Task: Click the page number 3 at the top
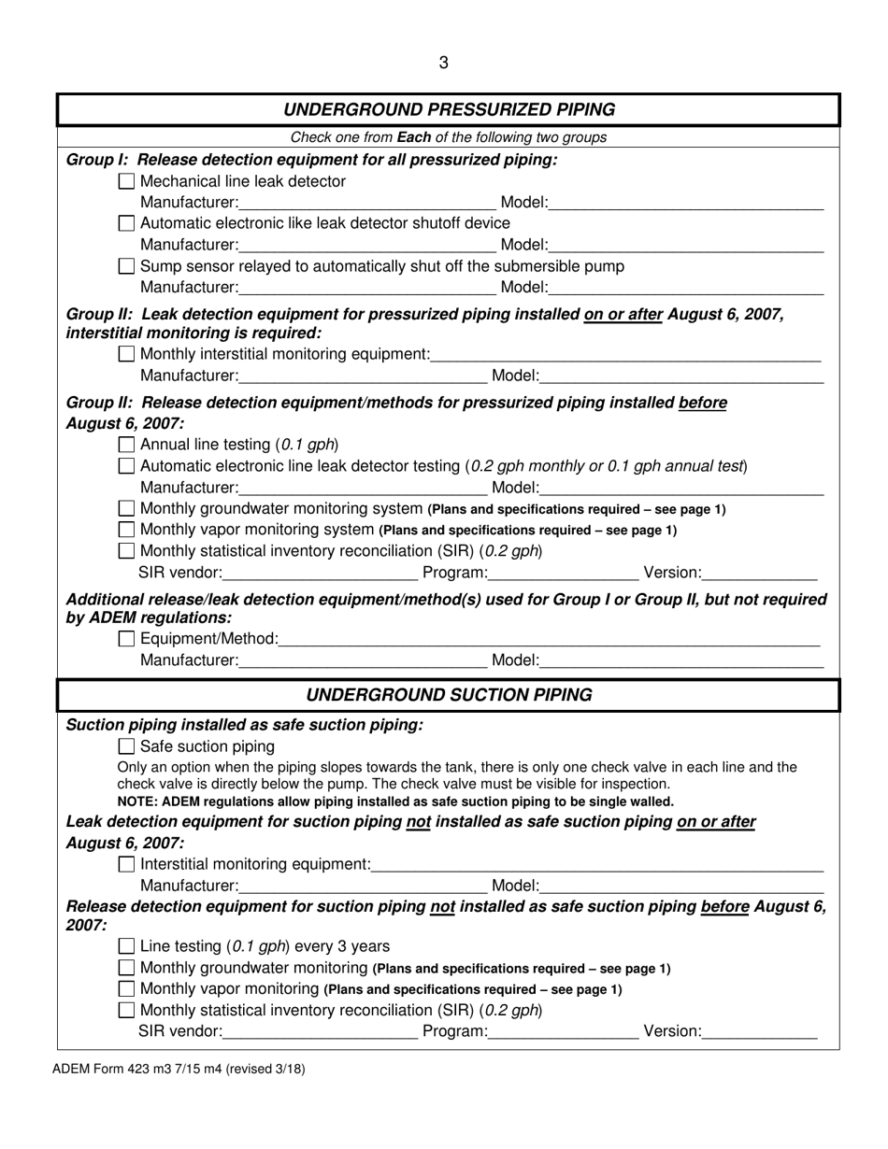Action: (x=443, y=63)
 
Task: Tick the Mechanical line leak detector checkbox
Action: (x=127, y=181)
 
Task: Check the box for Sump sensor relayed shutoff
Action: (x=127, y=266)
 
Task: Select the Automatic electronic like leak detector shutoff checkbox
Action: (x=127, y=223)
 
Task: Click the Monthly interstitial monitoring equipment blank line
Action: (x=625, y=355)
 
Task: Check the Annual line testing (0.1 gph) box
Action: (x=127, y=444)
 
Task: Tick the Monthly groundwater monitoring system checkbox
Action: (x=127, y=509)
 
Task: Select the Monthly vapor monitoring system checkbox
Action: (x=127, y=530)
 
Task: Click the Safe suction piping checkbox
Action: (x=127, y=746)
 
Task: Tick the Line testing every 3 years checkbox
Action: (x=127, y=945)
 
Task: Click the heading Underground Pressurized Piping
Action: (x=449, y=109)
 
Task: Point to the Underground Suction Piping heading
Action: (x=449, y=695)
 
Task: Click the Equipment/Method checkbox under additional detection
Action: (x=127, y=639)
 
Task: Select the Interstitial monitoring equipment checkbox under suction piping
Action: (x=127, y=865)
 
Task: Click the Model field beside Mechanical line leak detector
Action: (x=686, y=204)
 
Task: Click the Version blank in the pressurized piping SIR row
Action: (x=759, y=572)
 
